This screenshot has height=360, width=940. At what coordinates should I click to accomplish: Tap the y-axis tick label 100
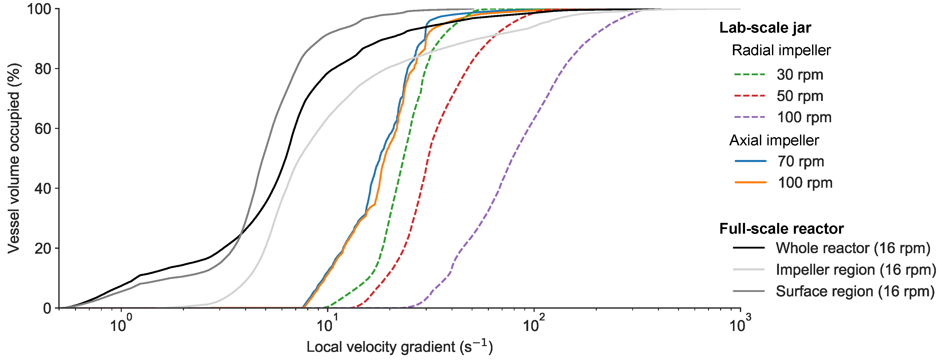pyautogui.click(x=39, y=9)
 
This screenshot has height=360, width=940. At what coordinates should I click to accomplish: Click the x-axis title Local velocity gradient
pyautogui.click(x=399, y=346)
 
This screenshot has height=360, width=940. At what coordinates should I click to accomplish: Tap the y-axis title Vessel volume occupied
pyautogui.click(x=14, y=158)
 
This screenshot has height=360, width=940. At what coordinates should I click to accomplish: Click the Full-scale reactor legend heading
pyautogui.click(x=781, y=229)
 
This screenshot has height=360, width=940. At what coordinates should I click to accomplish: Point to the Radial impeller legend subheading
pyautogui.click(x=781, y=50)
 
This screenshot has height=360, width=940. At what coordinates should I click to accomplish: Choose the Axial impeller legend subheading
pyautogui.click(x=774, y=140)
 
